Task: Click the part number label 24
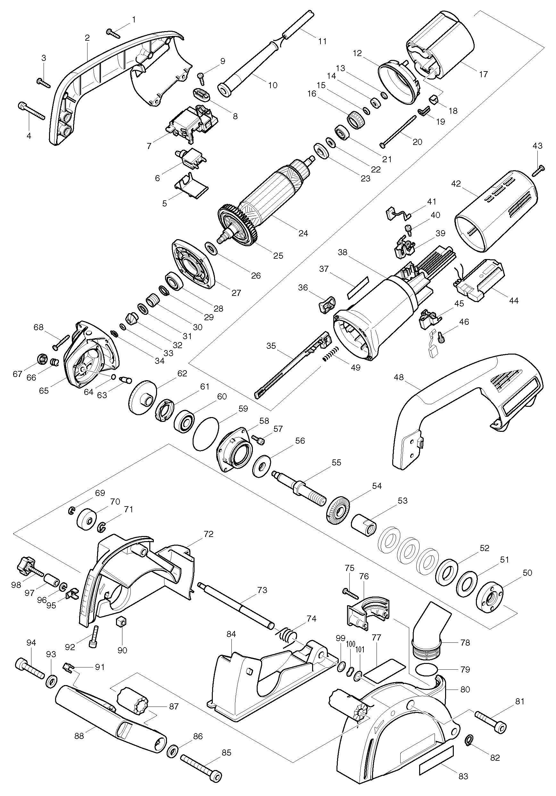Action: point(303,233)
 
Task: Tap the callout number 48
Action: point(399,377)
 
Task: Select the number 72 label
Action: point(209,534)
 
